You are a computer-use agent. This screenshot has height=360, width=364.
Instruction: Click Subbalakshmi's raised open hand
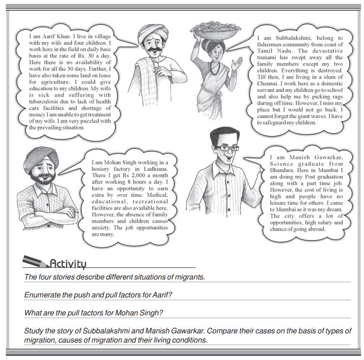click(x=237, y=63)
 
